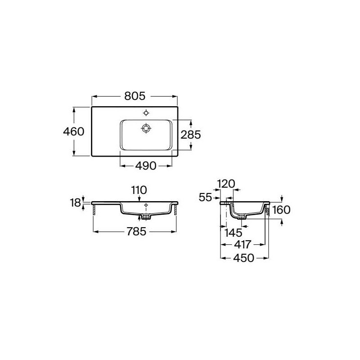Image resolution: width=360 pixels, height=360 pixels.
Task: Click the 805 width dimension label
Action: coord(135,96)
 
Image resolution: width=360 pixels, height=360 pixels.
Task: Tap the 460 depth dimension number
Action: coord(74,131)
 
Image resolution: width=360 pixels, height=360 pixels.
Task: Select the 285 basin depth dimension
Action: coord(190,135)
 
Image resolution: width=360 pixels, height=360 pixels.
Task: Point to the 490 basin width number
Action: coord(146,166)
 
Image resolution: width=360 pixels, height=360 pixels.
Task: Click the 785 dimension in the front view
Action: coord(136,231)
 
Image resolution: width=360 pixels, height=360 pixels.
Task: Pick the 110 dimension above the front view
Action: coord(139,190)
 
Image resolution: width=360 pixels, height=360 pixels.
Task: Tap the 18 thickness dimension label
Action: coord(76,203)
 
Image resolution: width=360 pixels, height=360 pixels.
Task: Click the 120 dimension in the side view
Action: coord(226,184)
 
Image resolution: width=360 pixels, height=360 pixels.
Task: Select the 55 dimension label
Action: coord(205,197)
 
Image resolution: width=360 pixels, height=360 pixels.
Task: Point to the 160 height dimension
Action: coord(281,210)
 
